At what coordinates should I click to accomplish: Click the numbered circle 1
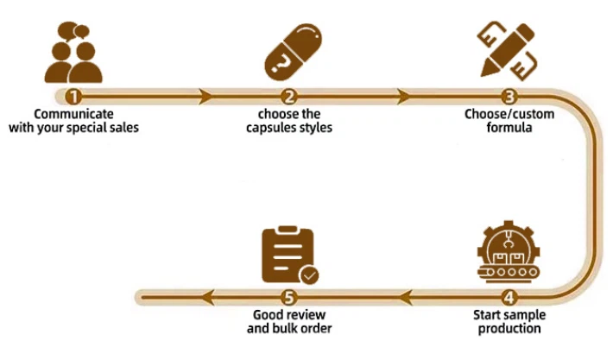coord(74,97)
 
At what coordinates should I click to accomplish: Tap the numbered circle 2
coord(290,97)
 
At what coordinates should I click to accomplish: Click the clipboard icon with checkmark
coord(288,254)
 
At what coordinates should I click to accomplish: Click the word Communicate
coord(73,114)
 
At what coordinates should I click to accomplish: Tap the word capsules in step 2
coord(271,129)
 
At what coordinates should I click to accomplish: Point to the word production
coord(509,329)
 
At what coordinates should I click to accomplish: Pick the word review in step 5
coord(307,314)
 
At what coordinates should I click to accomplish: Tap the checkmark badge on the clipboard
coord(309,275)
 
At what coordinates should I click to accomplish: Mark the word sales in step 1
coord(123,129)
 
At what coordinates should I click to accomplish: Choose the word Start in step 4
coord(489,314)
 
